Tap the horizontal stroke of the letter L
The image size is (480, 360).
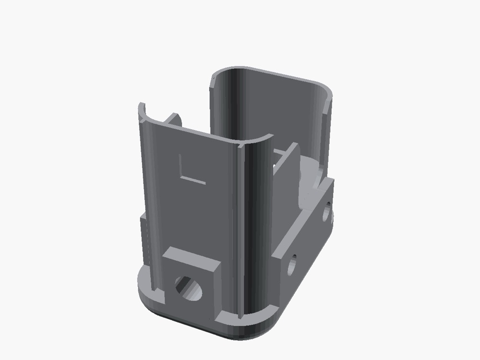[x=193, y=180]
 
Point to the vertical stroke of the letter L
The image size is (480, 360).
[x=180, y=166]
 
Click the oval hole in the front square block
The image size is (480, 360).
[x=188, y=288]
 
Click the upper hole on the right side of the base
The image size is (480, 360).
[x=326, y=212]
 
